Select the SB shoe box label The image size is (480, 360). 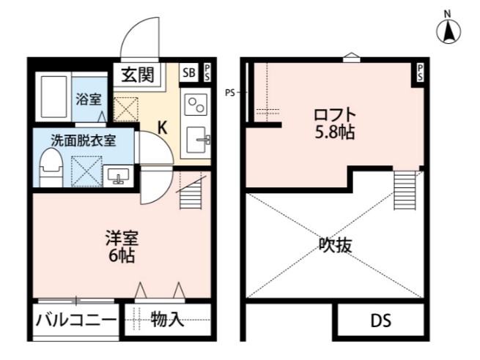tap(189, 72)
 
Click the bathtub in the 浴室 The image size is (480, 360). tap(52, 96)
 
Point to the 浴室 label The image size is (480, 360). tap(89, 99)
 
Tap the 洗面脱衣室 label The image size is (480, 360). tap(83, 139)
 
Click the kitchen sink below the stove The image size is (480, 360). tap(196, 139)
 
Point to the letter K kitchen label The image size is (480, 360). tap(163, 127)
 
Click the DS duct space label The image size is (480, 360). tap(380, 320)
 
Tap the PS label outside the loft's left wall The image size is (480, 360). tap(231, 92)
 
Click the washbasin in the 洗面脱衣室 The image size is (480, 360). tap(118, 175)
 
